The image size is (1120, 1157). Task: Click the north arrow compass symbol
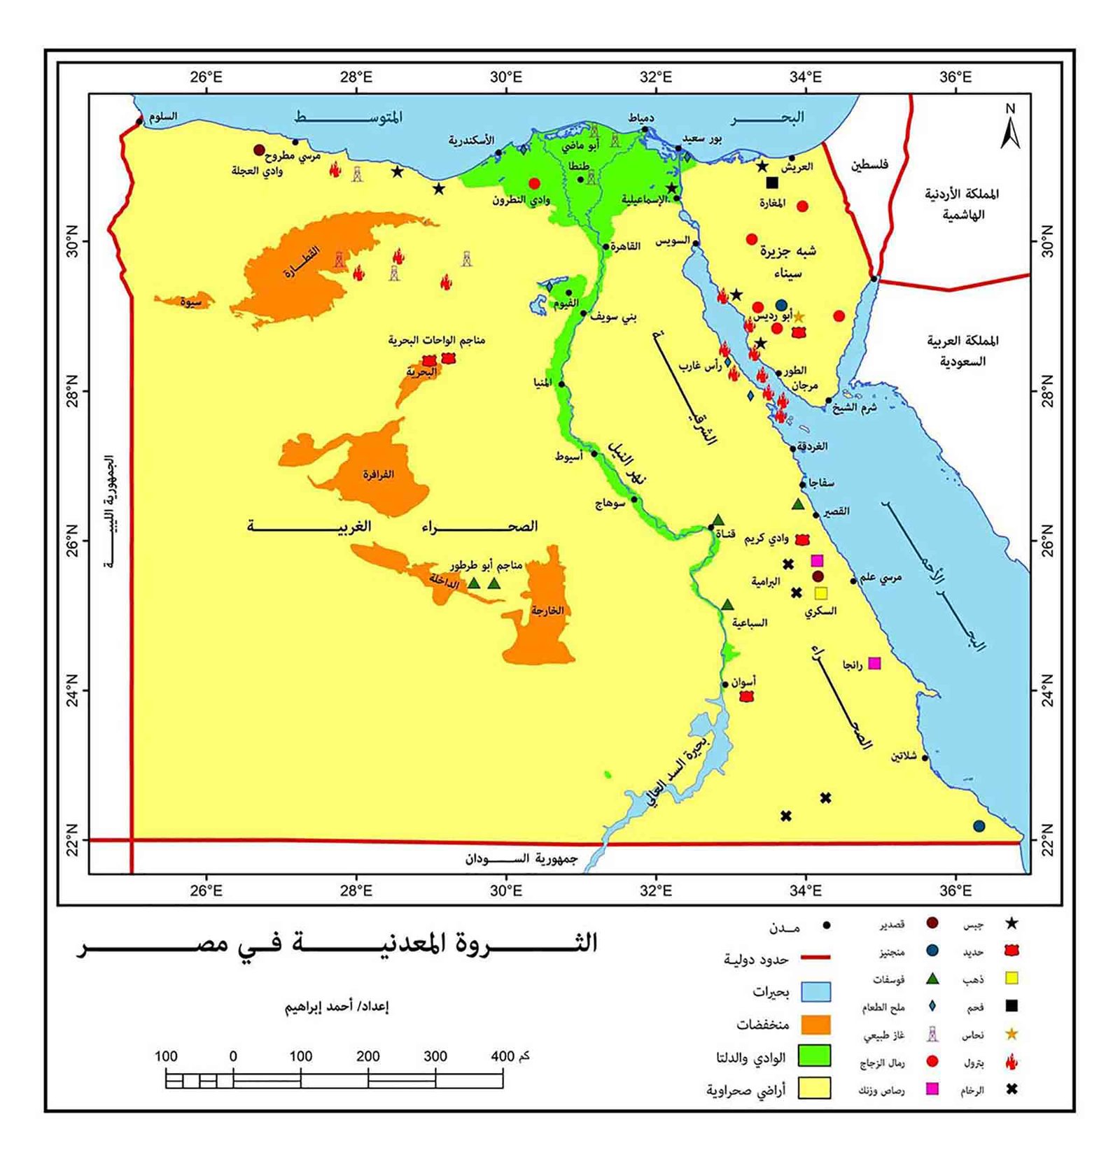coord(1009,128)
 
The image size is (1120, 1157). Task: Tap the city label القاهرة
coord(625,246)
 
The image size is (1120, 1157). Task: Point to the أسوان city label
coord(743,681)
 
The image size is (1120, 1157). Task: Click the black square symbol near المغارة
coord(772,183)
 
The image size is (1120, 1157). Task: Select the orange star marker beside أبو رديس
coord(798,317)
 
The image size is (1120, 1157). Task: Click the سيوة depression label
coord(190,302)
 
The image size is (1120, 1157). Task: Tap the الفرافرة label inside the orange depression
coord(378,474)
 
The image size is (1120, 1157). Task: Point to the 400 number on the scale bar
coord(503,1056)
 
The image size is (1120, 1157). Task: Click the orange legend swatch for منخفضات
coord(815,1025)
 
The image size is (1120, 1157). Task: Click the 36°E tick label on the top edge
coord(955,77)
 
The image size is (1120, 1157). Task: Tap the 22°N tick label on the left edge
coord(73,839)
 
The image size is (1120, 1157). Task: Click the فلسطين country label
coord(869,164)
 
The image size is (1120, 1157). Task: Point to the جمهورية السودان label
coord(521,858)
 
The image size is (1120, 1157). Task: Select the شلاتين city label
coord(904,755)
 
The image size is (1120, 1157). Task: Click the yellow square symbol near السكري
coord(821,593)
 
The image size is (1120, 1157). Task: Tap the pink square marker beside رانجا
coord(874,662)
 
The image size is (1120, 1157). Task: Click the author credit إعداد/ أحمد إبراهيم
coord(336,1007)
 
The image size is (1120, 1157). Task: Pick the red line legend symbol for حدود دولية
coord(815,957)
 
